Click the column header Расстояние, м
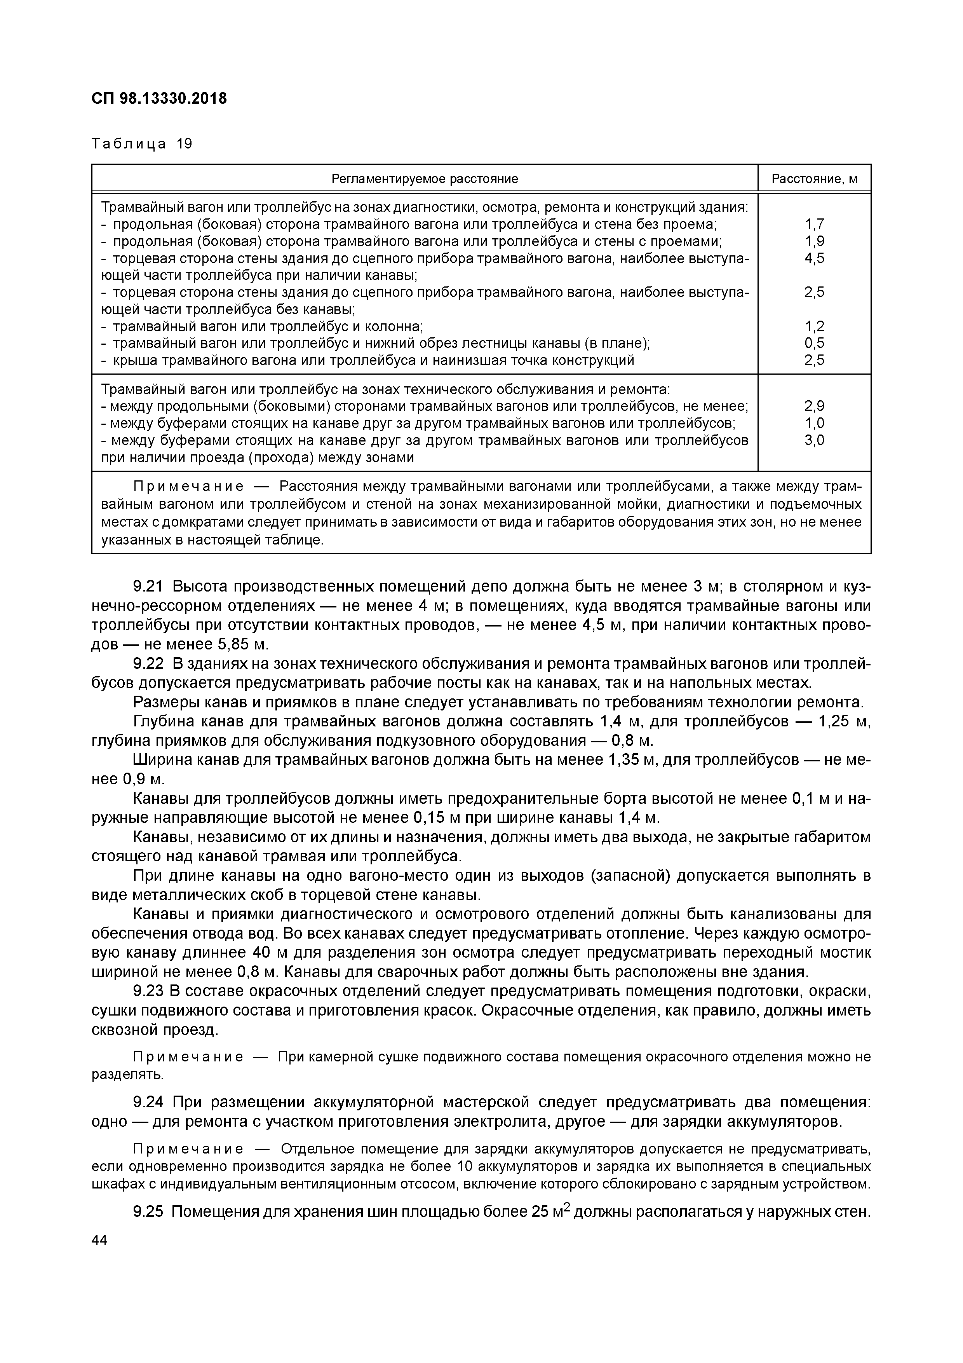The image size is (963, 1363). [814, 179]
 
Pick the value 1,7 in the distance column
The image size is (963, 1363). [814, 224]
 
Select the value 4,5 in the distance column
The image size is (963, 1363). [814, 258]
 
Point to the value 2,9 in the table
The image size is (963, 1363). [814, 407]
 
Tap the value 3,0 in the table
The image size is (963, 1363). [814, 440]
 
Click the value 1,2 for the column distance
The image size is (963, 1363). [814, 326]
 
